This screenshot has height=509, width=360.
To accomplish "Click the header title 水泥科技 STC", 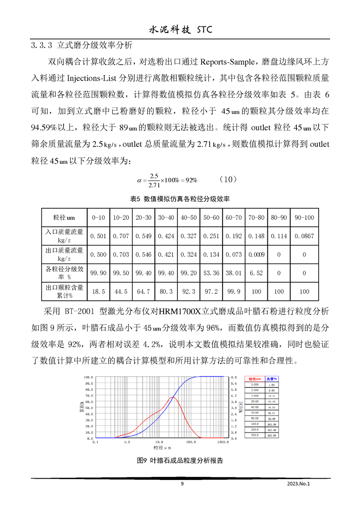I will pos(180,29).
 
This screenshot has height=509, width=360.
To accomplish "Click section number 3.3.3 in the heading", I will pos(42,45).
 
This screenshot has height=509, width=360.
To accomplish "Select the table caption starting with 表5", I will pos(180,199).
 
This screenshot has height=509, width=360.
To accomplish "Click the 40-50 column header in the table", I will pos(189,218).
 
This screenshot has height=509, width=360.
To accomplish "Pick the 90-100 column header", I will pos(304,218).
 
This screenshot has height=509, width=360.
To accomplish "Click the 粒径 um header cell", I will pos(64,218).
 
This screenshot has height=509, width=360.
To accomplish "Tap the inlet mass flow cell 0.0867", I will pos(304,236).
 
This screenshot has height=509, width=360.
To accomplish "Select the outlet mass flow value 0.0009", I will pos(256,255).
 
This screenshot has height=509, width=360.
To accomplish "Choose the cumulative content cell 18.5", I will pos(99,292).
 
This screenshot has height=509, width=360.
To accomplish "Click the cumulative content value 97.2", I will pos(212,292).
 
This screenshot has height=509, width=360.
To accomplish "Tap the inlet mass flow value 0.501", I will pos(99,236).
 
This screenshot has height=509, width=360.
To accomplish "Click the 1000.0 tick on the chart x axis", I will pos(222,441).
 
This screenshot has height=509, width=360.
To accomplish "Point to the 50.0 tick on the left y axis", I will pos(88,408).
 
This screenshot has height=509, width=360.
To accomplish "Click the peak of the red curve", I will pos(172,397).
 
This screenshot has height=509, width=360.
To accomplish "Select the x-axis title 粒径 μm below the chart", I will pos(162,447).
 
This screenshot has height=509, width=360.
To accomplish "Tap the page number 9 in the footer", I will pos(182,484).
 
